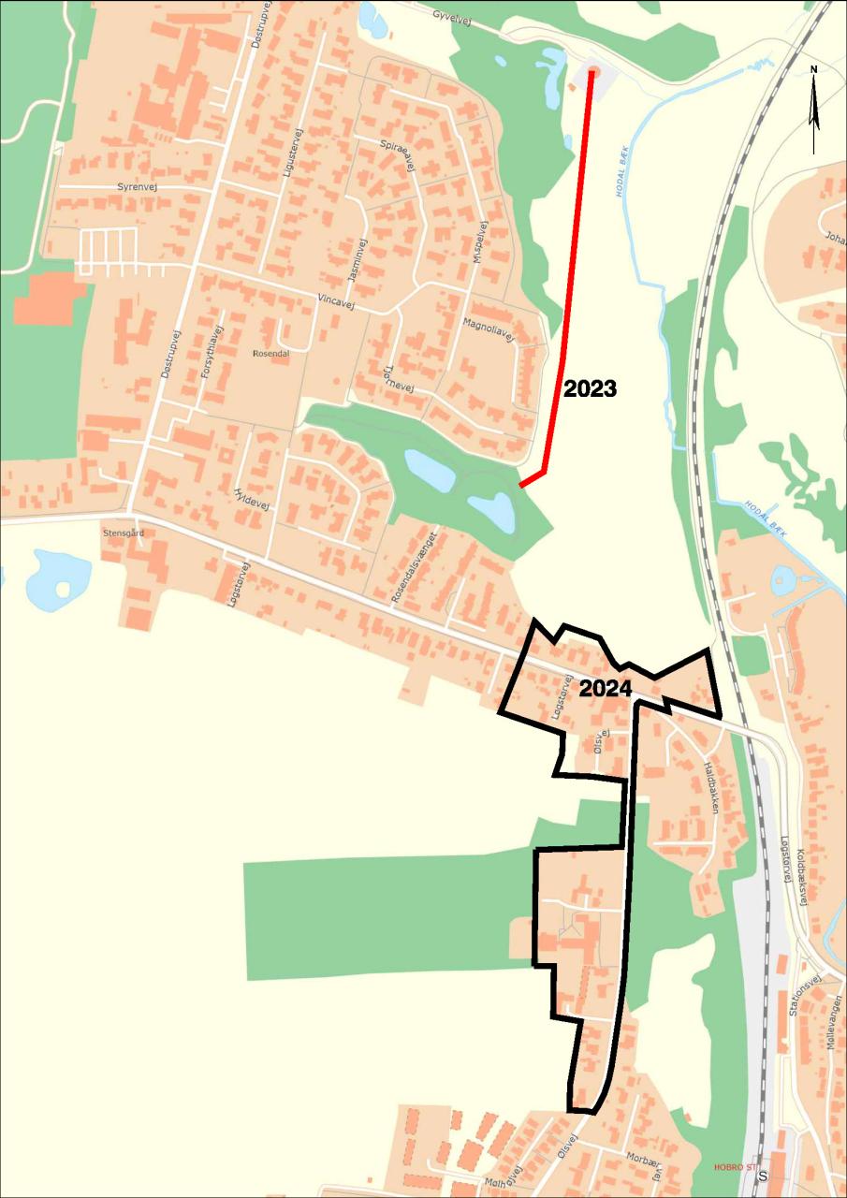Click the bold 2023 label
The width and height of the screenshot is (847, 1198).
click(590, 388)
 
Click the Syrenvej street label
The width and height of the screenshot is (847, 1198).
click(137, 187)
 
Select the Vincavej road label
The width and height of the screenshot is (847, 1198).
click(339, 299)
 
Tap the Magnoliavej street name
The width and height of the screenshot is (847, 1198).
click(489, 330)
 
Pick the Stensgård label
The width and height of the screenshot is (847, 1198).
click(124, 533)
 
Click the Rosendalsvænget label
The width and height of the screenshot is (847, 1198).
click(415, 566)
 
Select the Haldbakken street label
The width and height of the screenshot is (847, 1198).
click(711, 786)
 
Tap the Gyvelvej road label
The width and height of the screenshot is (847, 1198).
click(455, 16)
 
